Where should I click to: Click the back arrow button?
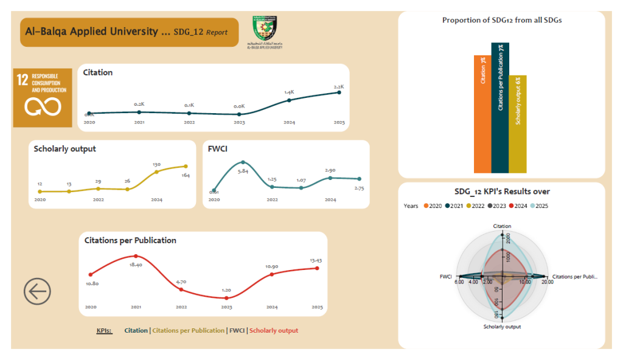point(37,292)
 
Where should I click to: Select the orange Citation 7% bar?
point(482,114)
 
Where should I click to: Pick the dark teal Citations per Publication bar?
point(500,108)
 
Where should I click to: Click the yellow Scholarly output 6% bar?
point(518,124)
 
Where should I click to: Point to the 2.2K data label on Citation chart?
point(339,86)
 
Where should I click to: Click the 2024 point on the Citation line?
point(289,100)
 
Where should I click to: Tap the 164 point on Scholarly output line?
point(186,166)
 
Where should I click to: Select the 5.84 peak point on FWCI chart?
point(243,162)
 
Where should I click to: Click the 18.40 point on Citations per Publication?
point(136,256)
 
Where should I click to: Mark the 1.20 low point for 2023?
point(226,298)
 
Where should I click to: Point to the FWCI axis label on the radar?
point(446,277)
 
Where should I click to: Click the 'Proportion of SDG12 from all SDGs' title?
point(502,20)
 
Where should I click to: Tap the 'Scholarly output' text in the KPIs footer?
point(274,331)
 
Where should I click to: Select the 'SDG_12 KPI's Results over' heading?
point(502,192)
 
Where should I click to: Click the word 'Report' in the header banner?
point(217,32)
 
